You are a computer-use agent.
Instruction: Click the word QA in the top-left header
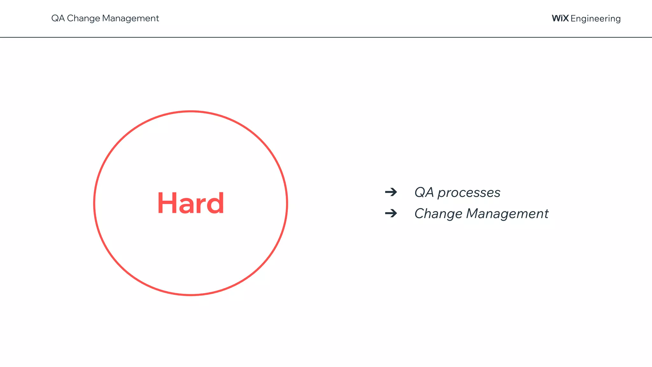(x=58, y=18)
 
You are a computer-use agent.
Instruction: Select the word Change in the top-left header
(x=83, y=18)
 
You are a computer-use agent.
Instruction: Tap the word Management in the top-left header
(x=130, y=18)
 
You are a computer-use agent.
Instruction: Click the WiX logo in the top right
(x=560, y=18)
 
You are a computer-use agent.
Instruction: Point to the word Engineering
(x=595, y=19)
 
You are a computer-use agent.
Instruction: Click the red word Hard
(x=191, y=203)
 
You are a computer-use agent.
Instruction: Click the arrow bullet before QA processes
(x=391, y=192)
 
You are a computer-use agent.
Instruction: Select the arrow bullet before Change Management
(x=391, y=213)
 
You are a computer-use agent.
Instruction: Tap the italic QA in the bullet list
(x=424, y=192)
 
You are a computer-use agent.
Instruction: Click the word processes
(x=469, y=193)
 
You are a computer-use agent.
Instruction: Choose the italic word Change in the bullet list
(x=438, y=214)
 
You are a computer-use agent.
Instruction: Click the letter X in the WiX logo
(x=565, y=18)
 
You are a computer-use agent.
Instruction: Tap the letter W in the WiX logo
(x=556, y=18)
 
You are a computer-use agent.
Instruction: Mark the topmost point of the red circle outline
(x=191, y=111)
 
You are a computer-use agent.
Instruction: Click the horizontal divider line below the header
(x=326, y=37)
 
